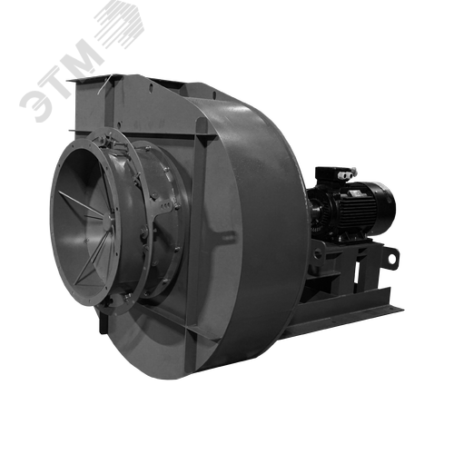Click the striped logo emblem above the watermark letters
coord(120,24)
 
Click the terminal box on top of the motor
coord(333,174)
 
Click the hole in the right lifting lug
coord(392,259)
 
